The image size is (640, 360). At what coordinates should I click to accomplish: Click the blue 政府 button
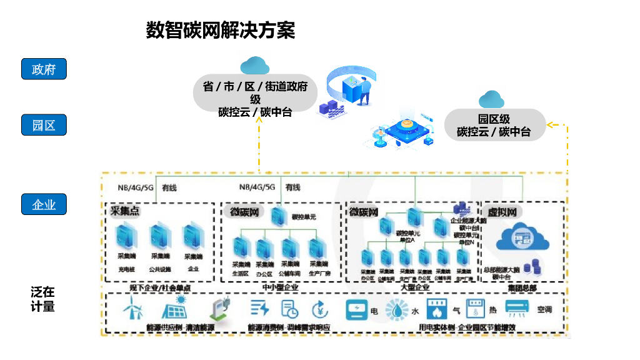click(44, 69)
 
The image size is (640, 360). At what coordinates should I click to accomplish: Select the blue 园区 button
click(44, 125)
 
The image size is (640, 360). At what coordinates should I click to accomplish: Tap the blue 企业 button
click(44, 204)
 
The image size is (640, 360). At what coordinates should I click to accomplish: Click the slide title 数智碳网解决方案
click(220, 30)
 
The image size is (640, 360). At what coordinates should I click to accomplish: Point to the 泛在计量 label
click(43, 299)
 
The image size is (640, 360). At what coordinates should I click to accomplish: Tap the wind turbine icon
click(132, 308)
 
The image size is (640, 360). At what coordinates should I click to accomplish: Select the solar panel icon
click(175, 308)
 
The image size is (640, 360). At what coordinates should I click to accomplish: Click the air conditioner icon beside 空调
click(518, 309)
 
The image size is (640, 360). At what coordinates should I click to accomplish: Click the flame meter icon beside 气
click(437, 309)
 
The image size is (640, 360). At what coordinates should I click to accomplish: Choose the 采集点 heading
click(125, 211)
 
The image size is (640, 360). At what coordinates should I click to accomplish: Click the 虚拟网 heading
click(501, 212)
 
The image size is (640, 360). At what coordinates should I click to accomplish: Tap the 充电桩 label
click(127, 269)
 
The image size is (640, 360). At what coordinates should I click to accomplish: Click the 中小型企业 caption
click(279, 287)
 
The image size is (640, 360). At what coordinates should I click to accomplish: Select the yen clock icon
click(320, 309)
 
